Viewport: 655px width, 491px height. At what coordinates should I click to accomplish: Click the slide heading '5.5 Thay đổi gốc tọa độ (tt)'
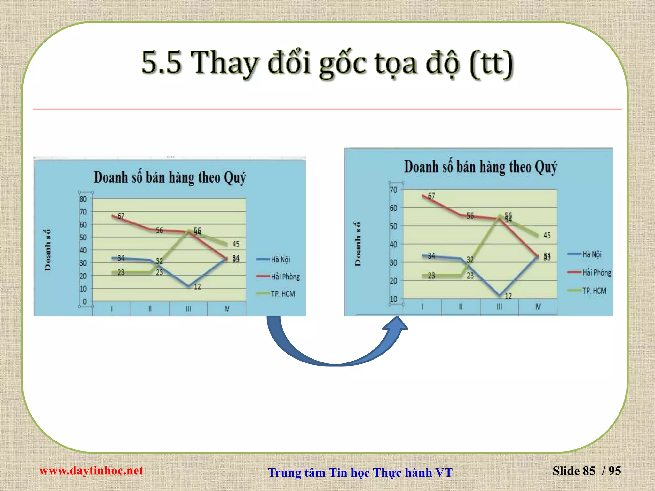click(327, 63)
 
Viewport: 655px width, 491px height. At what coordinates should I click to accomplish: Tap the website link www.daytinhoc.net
click(91, 471)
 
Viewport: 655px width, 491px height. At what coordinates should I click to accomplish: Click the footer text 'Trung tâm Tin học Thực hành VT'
click(360, 472)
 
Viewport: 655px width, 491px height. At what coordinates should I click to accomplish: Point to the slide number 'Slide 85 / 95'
click(587, 471)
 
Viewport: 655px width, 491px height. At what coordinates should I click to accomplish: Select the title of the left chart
click(170, 178)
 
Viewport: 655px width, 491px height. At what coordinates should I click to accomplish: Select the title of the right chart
click(480, 167)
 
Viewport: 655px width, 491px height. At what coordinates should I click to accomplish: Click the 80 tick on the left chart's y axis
click(83, 199)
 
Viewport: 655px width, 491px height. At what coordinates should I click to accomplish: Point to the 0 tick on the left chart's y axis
click(84, 301)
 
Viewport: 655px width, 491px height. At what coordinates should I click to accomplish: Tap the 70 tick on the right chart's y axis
click(393, 190)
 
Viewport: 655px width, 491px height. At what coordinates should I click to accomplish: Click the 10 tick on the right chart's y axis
click(393, 299)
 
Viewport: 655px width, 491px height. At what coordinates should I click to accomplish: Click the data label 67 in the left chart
click(121, 216)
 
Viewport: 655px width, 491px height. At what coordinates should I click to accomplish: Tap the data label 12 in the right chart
click(508, 296)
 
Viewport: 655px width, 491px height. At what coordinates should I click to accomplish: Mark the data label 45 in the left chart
click(236, 244)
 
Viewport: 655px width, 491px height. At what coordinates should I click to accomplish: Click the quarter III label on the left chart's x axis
click(188, 309)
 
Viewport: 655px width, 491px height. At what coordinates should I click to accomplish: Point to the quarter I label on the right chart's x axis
click(422, 307)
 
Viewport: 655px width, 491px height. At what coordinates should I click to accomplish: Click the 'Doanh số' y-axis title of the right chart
click(358, 244)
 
